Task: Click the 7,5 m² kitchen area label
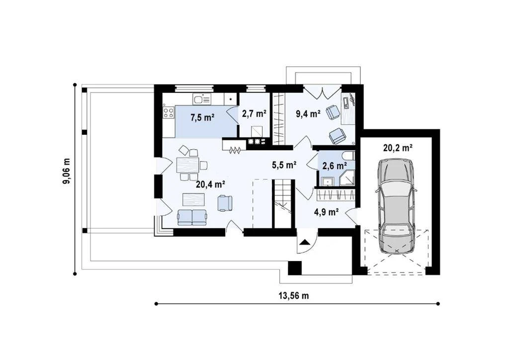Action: click(x=202, y=117)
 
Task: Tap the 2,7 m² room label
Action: click(x=254, y=113)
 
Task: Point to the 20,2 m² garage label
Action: click(x=398, y=148)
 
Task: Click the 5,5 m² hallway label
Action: click(x=284, y=165)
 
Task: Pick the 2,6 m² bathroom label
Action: click(x=334, y=166)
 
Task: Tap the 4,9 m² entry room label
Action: click(x=327, y=212)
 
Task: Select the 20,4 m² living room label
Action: click(x=211, y=184)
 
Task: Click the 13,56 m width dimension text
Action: click(x=293, y=296)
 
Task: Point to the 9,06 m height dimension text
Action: click(x=66, y=171)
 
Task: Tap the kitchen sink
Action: click(x=202, y=98)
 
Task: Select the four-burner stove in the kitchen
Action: click(x=169, y=112)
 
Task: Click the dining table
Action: click(x=187, y=165)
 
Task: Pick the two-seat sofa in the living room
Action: click(x=192, y=217)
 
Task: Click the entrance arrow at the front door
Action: click(x=305, y=242)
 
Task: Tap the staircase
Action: click(x=283, y=204)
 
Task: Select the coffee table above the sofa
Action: click(x=193, y=199)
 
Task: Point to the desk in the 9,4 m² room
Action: click(x=348, y=108)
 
